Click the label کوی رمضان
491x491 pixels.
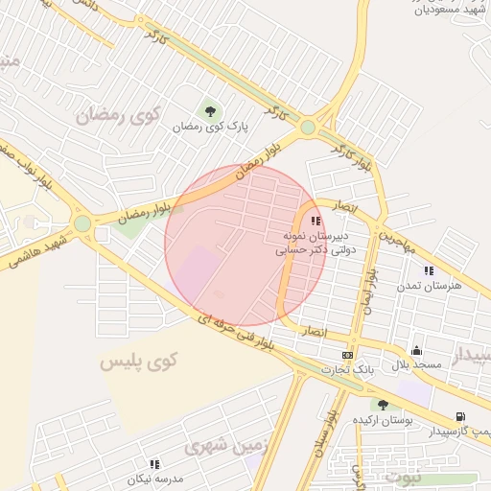point(117,117)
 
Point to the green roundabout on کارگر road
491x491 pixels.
point(307,127)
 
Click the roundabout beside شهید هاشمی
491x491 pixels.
point(82,223)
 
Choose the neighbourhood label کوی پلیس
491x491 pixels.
point(139,362)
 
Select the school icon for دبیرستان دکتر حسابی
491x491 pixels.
point(316,221)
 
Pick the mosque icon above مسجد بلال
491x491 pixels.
point(416,350)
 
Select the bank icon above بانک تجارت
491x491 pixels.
point(346,356)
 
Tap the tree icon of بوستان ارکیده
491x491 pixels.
point(383,406)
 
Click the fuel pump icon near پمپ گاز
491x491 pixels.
point(462,416)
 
